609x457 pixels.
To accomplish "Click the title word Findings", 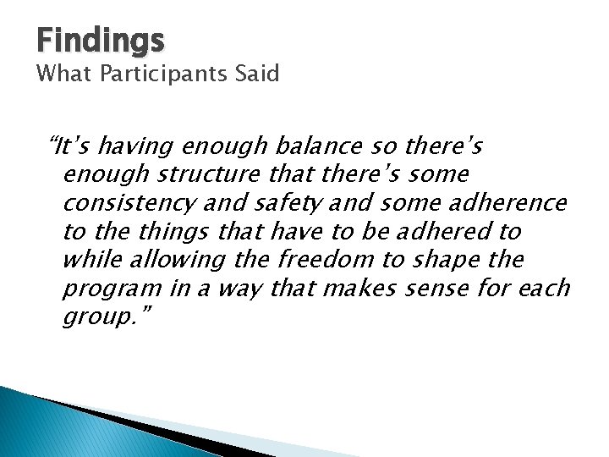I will click(101, 39).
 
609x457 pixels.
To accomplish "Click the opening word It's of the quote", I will click(74, 146).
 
